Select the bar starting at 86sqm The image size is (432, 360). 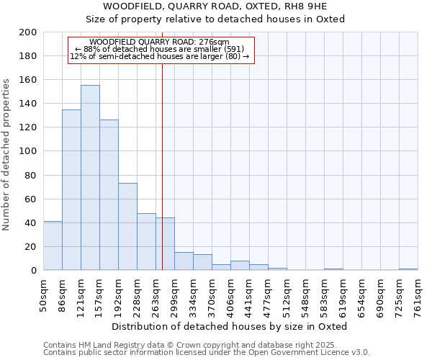click(71, 190)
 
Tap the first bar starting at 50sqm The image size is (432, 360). click(53, 246)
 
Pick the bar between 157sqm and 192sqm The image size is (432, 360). click(109, 195)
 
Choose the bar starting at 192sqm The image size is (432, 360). click(127, 227)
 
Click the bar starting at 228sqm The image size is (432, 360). click(146, 242)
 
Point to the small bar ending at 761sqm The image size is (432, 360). click(408, 269)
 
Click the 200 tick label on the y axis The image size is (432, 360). click(28, 32)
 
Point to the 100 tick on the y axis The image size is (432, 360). click(28, 151)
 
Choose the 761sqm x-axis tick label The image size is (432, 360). click(421, 295)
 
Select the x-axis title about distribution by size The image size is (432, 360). click(230, 326)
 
